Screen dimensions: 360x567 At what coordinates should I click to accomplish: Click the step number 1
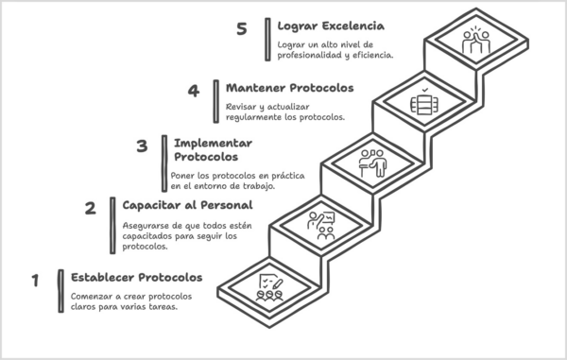[x=35, y=281]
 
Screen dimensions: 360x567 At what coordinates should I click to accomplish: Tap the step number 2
[x=91, y=210]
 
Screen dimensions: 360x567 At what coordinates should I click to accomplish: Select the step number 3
[x=142, y=146]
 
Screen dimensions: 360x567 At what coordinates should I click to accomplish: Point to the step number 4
[x=194, y=91]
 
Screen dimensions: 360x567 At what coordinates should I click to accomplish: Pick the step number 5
[x=242, y=29]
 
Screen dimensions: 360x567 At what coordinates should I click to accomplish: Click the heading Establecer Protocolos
[x=136, y=278]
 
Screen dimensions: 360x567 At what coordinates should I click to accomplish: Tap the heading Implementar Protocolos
[x=205, y=148]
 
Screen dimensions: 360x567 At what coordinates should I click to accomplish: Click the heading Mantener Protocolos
[x=289, y=88]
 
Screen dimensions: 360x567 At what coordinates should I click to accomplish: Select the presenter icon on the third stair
[x=372, y=163]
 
